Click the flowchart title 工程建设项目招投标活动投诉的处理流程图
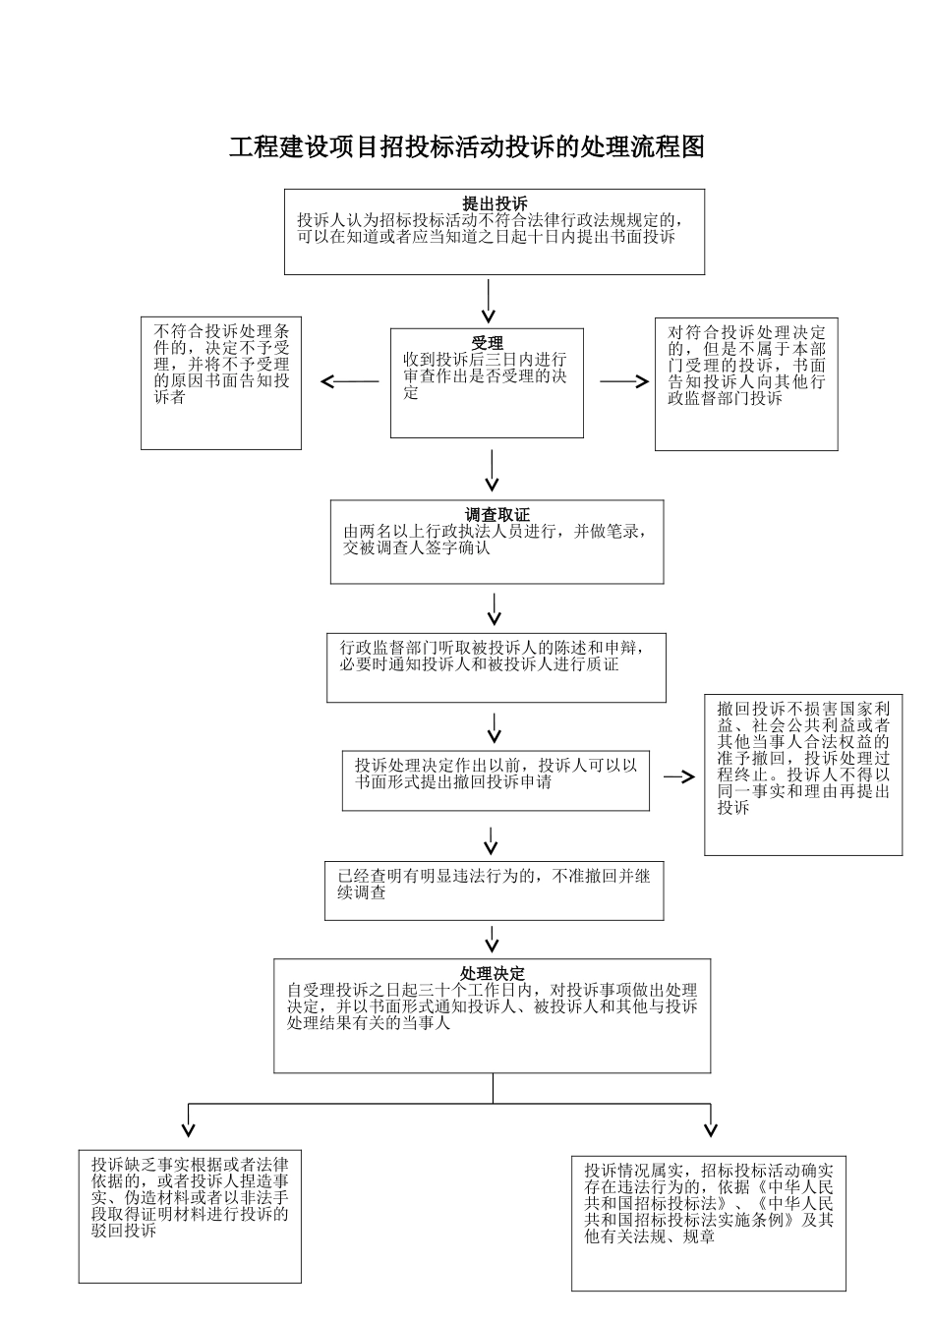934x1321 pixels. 467,147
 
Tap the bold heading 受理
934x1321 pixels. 487,344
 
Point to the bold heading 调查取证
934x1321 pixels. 496,515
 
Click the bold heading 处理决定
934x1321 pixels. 492,973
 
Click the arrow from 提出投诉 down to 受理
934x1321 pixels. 489,301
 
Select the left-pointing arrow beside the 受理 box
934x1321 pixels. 350,381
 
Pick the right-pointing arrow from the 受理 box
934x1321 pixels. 624,381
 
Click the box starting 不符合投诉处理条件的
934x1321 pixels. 221,382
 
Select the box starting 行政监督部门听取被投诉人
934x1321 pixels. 496,667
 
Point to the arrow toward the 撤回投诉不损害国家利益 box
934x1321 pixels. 678,776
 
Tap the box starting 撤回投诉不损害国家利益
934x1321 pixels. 803,775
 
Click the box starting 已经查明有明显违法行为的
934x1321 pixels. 494,890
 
